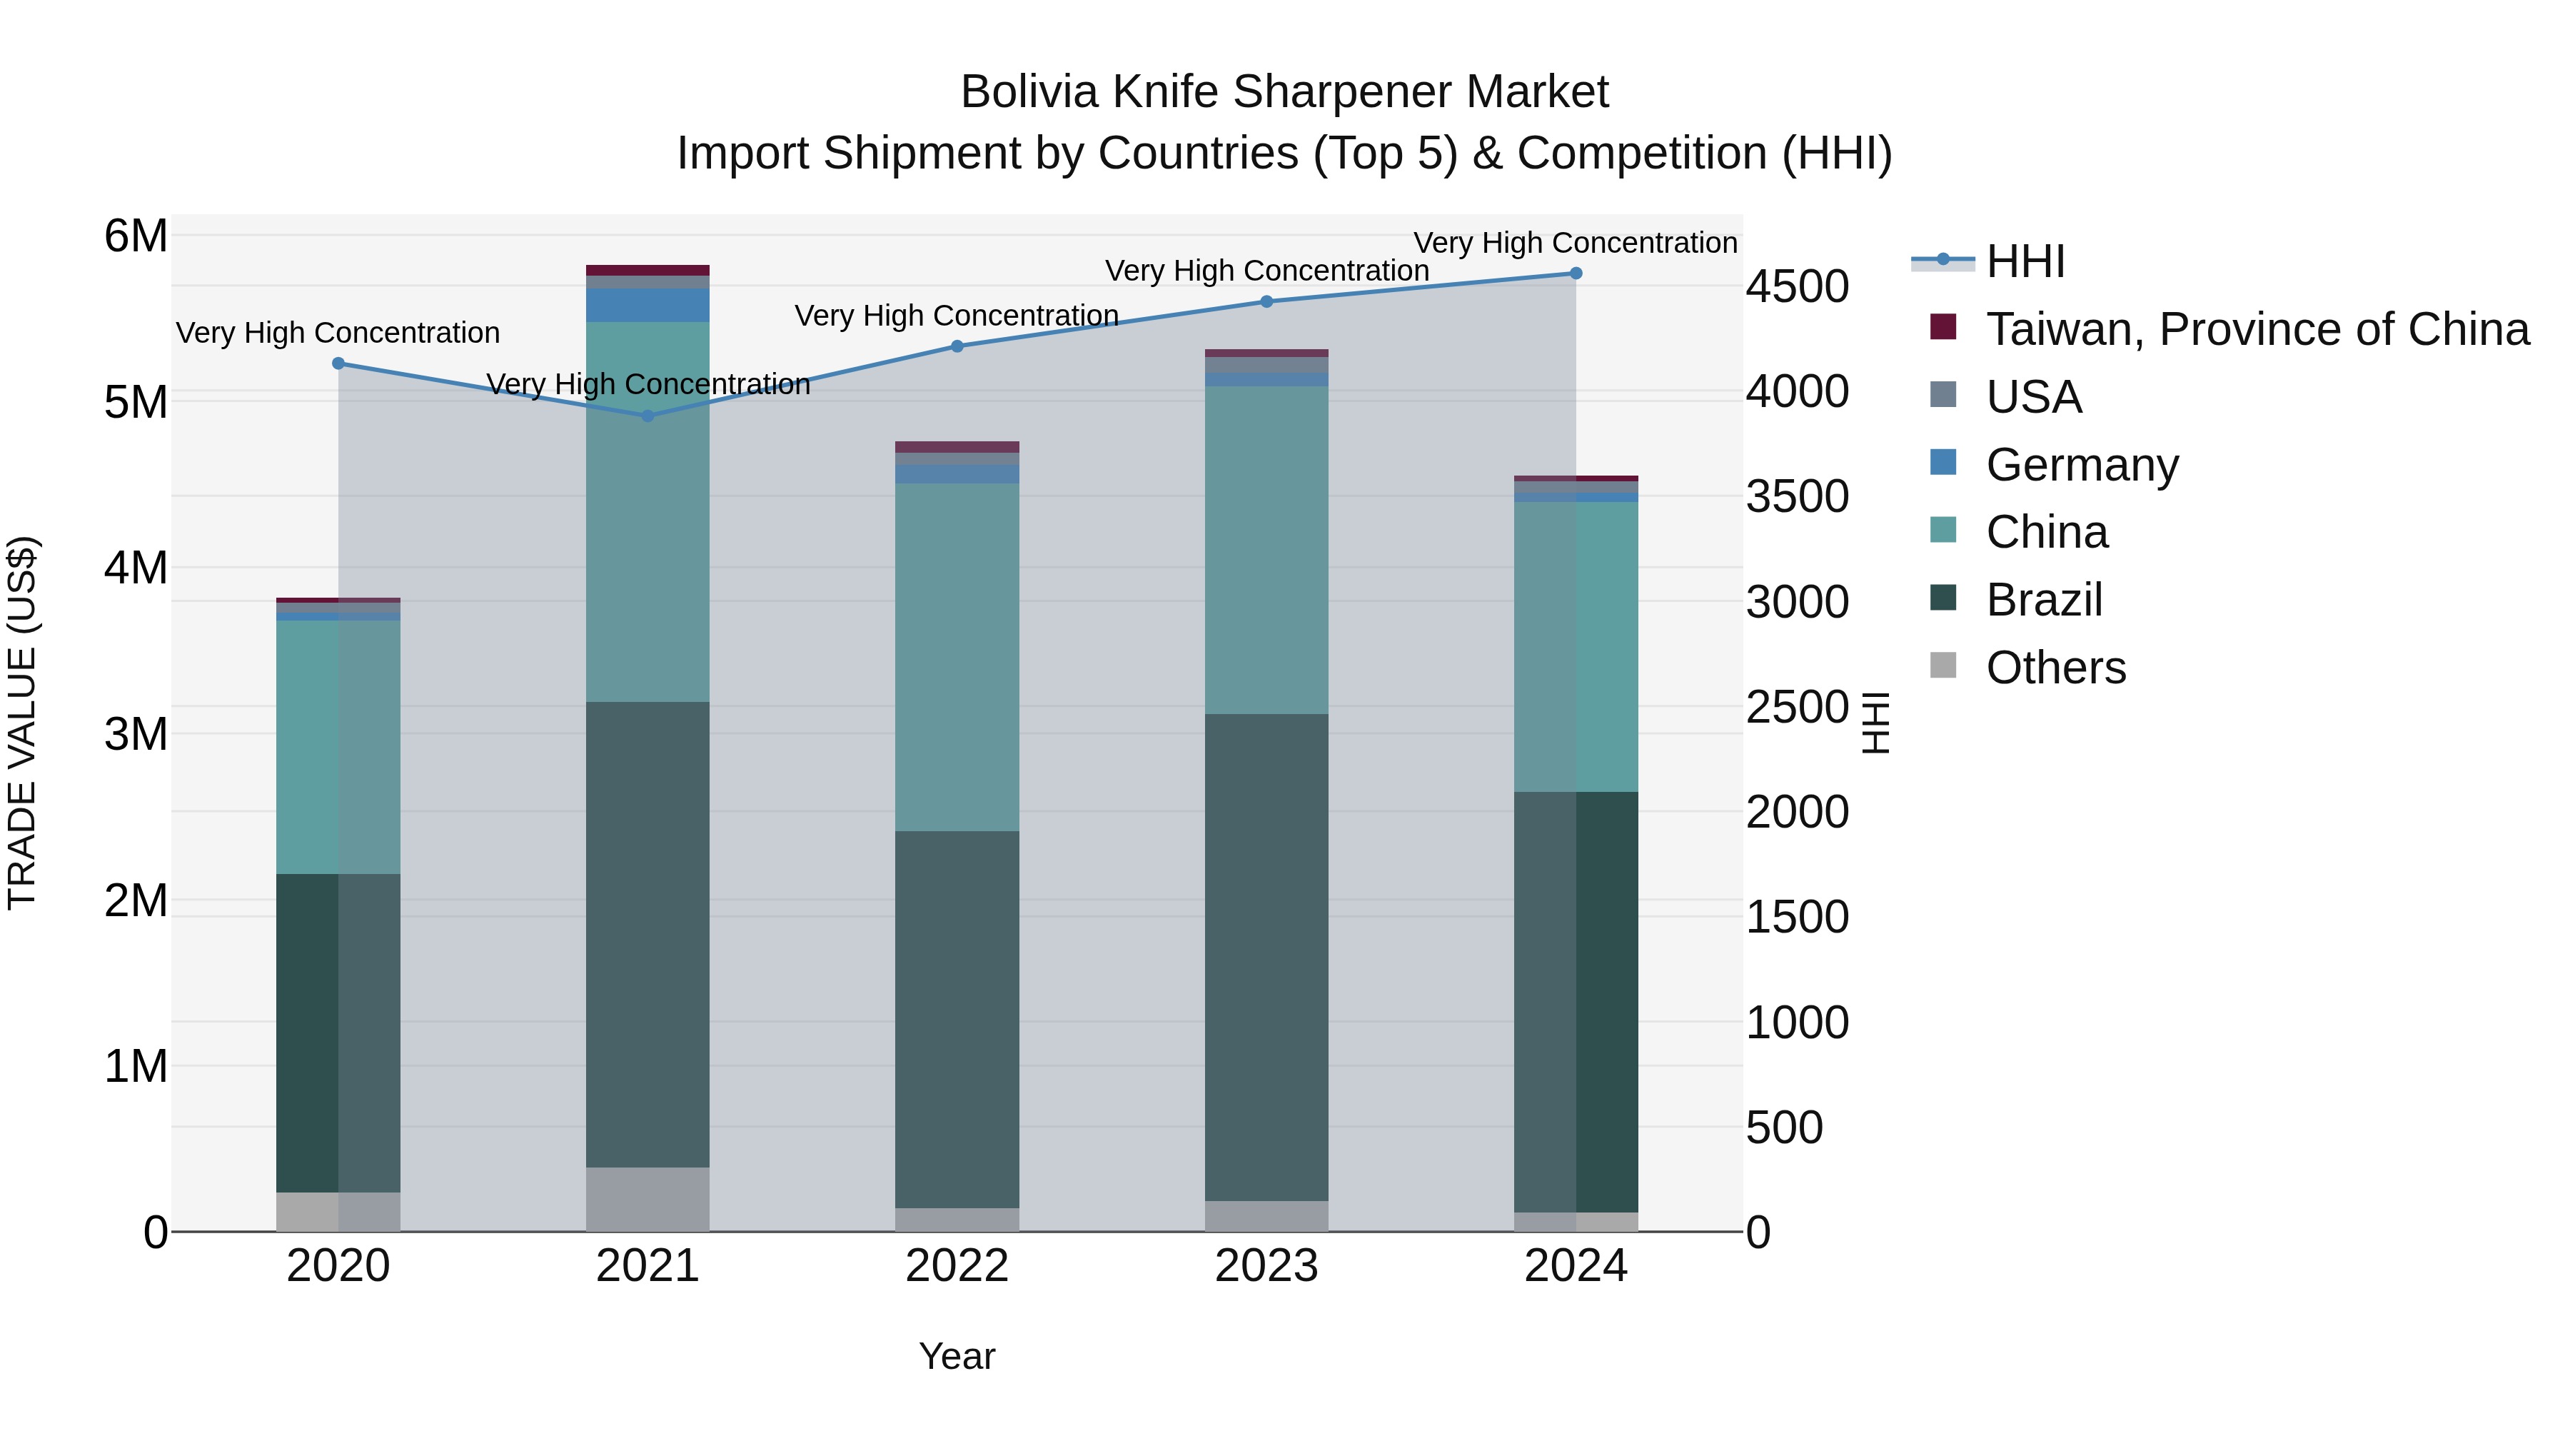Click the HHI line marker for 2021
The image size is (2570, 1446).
tap(647, 415)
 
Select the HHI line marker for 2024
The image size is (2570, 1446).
tap(1576, 273)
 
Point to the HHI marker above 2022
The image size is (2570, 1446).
tap(957, 346)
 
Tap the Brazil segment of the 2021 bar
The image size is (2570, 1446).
tap(647, 934)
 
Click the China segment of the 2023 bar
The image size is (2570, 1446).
tap(1266, 550)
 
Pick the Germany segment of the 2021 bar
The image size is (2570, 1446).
tap(647, 306)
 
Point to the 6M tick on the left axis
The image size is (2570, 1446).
tap(136, 238)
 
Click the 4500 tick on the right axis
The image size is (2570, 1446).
tap(1797, 287)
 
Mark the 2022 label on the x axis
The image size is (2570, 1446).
tap(957, 1266)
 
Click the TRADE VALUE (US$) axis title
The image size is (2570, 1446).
tap(23, 723)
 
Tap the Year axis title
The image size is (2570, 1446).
tap(957, 1356)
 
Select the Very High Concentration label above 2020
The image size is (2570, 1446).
tap(338, 332)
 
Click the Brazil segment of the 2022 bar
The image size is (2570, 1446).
tap(957, 1019)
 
